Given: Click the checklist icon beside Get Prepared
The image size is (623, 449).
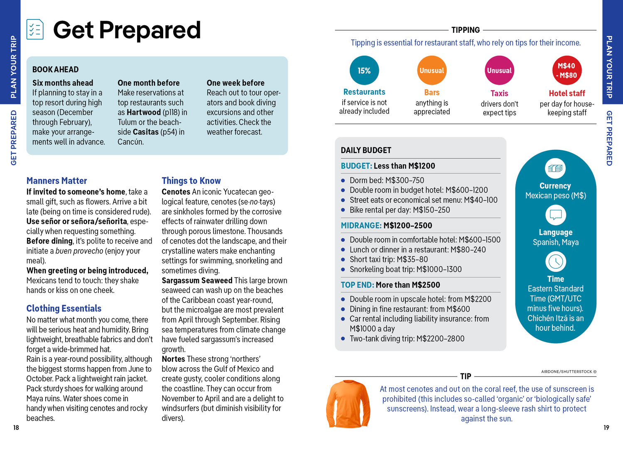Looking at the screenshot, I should (x=35, y=29).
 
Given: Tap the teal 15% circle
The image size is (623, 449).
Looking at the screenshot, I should (x=364, y=71).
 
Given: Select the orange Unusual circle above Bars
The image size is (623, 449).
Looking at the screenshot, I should (x=432, y=71).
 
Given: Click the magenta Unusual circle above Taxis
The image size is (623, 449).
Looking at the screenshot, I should (x=499, y=71).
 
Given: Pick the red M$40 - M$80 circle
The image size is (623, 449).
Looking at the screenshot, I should (x=567, y=71).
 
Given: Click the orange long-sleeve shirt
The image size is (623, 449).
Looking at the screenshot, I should (x=348, y=404).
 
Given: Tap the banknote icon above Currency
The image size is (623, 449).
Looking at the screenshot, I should (x=555, y=168).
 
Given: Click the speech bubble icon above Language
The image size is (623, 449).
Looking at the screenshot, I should (x=555, y=215).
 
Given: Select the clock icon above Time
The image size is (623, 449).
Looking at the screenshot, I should (x=555, y=261).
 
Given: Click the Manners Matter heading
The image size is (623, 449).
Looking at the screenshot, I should (x=57, y=181).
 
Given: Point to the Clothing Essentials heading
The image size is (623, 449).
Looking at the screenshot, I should (x=64, y=308).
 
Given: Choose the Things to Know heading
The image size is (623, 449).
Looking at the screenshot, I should (x=191, y=181).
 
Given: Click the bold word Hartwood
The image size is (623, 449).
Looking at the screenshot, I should (x=144, y=112).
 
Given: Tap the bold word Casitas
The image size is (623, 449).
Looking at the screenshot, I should (x=146, y=132).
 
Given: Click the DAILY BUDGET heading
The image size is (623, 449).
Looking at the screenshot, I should (x=366, y=150).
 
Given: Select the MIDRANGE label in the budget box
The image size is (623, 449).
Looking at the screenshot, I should (x=361, y=226).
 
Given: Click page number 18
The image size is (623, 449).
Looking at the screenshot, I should (x=16, y=427).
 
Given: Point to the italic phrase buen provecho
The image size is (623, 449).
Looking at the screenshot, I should (x=79, y=251).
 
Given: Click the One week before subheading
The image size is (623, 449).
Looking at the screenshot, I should (x=235, y=83).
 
